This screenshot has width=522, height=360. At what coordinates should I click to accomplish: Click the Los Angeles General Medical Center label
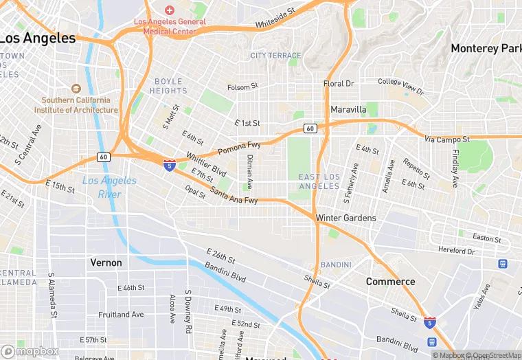pyautogui.click(x=170, y=26)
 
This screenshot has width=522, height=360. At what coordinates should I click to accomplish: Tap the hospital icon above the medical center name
pyautogui.click(x=170, y=10)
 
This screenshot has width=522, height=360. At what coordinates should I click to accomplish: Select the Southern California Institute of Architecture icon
pyautogui.click(x=76, y=89)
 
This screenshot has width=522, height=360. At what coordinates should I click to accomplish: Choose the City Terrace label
pyautogui.click(x=275, y=56)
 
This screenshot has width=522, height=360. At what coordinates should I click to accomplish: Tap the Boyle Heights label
pyautogui.click(x=168, y=86)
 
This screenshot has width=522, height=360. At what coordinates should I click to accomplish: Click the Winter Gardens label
pyautogui.click(x=345, y=218)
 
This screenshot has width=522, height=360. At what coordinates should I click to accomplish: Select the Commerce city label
pyautogui.click(x=390, y=282)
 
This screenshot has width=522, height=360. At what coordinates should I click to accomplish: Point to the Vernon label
pyautogui.click(x=106, y=262)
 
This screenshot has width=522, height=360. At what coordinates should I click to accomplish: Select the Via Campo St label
pyautogui.click(x=446, y=139)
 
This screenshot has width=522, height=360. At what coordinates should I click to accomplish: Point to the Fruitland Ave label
pyautogui.click(x=120, y=315)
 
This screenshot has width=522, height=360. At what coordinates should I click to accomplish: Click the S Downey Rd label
pyautogui.click(x=188, y=311)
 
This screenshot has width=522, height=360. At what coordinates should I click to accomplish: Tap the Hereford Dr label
pyautogui.click(x=456, y=251)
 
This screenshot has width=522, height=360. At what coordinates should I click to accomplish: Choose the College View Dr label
pyautogui.click(x=401, y=85)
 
